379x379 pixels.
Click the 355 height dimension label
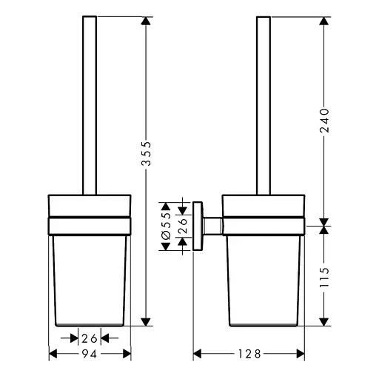147,153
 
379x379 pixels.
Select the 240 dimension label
324,121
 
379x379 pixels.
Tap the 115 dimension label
324,277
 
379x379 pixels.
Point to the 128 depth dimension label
249,354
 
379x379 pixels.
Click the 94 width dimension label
89,354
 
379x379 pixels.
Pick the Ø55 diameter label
166,225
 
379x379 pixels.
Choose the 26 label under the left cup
90,338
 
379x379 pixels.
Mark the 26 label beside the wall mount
183,226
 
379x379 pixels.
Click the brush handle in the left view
90,105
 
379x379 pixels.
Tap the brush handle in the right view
264,105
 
